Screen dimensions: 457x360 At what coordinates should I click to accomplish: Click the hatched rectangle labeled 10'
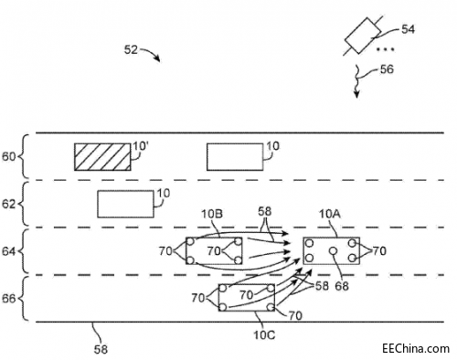pyautogui.click(x=102, y=157)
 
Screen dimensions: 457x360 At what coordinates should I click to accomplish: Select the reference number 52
pyautogui.click(x=131, y=49)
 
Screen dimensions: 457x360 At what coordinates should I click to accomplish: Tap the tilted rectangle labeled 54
pyautogui.click(x=363, y=36)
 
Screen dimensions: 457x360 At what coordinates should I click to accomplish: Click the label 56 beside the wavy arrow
pyautogui.click(x=387, y=69)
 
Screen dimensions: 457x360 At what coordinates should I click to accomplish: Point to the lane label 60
pyautogui.click(x=8, y=157)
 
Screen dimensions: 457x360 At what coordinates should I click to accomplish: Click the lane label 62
pyautogui.click(x=8, y=204)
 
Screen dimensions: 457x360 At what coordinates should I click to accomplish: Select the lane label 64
pyautogui.click(x=8, y=251)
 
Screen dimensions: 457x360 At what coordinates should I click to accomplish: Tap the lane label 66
pyautogui.click(x=8, y=299)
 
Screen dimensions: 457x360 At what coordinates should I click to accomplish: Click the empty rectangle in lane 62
pyautogui.click(x=125, y=204)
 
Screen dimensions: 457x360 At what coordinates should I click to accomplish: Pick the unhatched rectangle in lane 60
pyautogui.click(x=235, y=157)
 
